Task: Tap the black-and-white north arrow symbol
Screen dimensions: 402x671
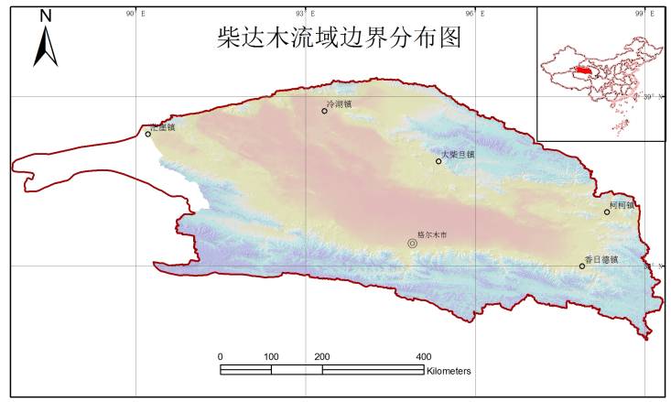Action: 46,46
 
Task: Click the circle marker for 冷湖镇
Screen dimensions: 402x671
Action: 324,111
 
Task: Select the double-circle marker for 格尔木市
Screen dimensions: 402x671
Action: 412,244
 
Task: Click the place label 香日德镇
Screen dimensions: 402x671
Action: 601,260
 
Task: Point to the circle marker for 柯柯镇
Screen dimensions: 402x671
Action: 606,212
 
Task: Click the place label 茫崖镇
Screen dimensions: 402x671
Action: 162,127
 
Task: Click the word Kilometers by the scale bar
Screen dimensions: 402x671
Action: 449,371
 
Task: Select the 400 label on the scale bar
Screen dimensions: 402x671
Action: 424,356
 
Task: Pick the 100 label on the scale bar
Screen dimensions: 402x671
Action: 271,356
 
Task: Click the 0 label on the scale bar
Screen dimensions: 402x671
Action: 221,356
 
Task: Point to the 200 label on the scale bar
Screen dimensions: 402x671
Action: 322,356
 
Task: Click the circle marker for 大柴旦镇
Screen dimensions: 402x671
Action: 438,161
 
